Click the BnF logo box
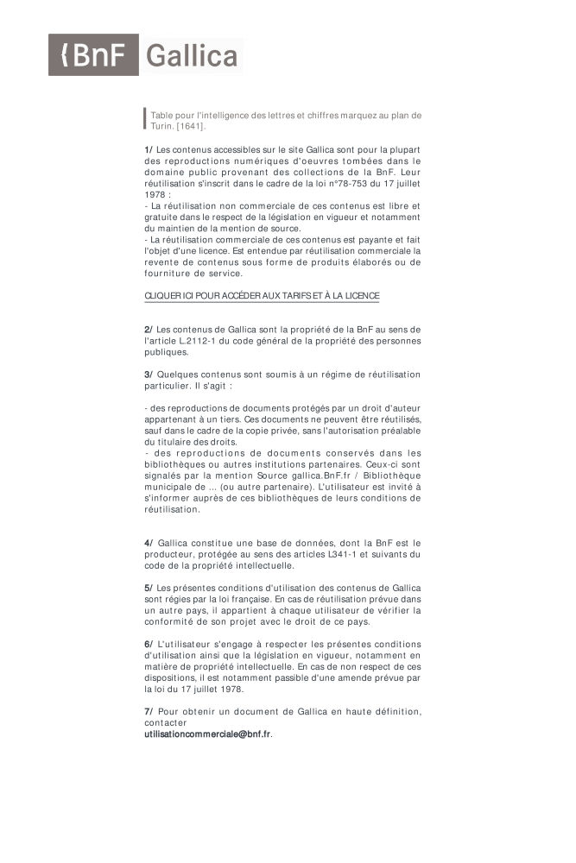[93, 57]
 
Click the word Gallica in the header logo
[192, 57]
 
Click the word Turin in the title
[162, 127]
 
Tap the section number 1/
[149, 149]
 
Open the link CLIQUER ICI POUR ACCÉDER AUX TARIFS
[262, 296]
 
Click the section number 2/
[149, 330]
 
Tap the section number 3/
[149, 375]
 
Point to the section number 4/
[149, 543]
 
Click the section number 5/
[149, 588]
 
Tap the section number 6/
[149, 644]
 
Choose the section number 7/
[149, 711]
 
